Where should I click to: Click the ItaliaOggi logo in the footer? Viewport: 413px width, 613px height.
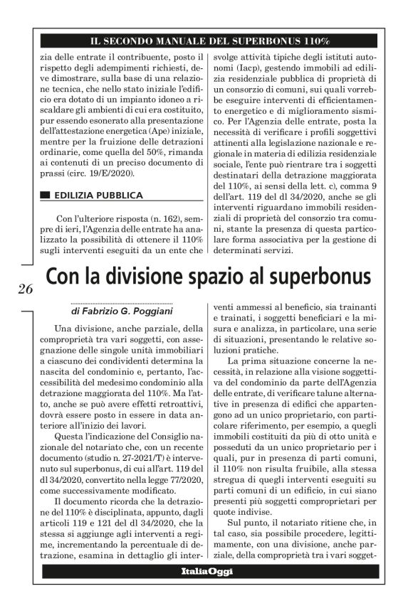pyautogui.click(x=206, y=570)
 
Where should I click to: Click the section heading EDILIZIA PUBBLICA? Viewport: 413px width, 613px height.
pyautogui.click(x=98, y=195)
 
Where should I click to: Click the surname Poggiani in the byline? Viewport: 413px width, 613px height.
pyautogui.click(x=150, y=311)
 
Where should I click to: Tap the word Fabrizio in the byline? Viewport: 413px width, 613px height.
pyautogui.click(x=100, y=311)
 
